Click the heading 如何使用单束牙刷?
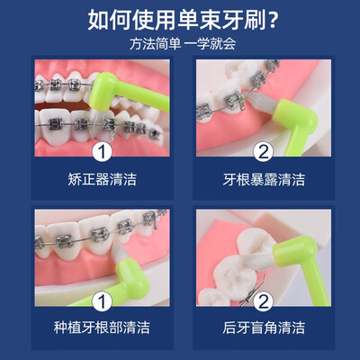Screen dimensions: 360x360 tap(182, 20)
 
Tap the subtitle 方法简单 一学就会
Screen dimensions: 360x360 tap(183, 44)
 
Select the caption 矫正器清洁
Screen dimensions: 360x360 tap(102, 179)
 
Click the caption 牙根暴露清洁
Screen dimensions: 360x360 tap(264, 179)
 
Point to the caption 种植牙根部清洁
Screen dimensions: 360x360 tap(102, 328)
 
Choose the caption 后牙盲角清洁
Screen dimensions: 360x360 tap(264, 328)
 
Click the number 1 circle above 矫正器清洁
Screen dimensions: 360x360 tap(102, 152)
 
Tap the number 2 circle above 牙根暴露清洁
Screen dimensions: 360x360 tap(264, 152)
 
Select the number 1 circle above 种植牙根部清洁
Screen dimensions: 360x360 tap(102, 301)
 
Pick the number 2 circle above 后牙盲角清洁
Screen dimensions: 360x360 tap(264, 301)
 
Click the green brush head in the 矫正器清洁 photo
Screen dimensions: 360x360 tap(103, 92)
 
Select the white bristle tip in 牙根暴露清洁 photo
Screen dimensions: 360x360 tap(262, 101)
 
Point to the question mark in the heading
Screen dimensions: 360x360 tap(272, 21)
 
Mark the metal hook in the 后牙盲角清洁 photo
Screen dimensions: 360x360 tap(255, 290)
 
